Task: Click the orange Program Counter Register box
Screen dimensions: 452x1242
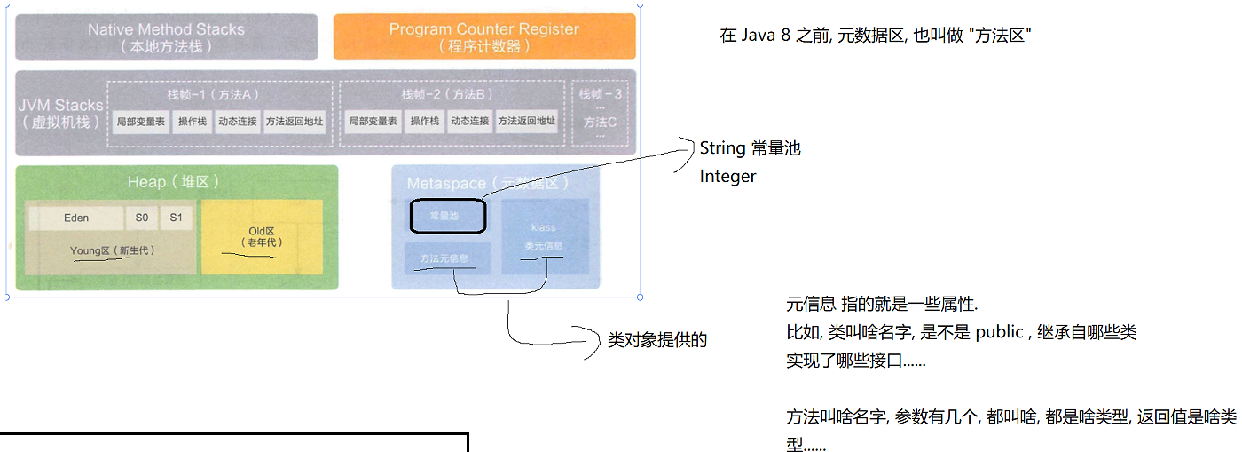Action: (484, 37)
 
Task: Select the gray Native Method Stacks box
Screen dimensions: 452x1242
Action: (167, 37)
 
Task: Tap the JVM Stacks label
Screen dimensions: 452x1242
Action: (60, 113)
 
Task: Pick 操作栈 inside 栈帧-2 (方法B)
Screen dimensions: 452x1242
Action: (424, 122)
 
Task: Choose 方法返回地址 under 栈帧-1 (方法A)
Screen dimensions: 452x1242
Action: (295, 122)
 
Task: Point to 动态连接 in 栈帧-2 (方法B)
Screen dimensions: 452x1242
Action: (469, 122)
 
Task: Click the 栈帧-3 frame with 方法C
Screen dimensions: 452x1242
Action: (601, 113)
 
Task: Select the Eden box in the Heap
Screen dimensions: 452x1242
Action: (76, 218)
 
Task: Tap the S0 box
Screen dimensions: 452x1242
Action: (142, 218)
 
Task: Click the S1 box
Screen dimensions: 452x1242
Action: (176, 218)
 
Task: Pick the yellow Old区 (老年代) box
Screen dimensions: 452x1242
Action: (262, 236)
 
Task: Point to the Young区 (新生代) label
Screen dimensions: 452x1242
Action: (112, 250)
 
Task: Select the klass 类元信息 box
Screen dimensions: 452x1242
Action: (543, 236)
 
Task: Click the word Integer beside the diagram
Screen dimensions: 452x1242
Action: (727, 176)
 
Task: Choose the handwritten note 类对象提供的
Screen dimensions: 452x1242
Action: (657, 339)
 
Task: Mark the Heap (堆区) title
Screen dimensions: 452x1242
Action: (174, 182)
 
